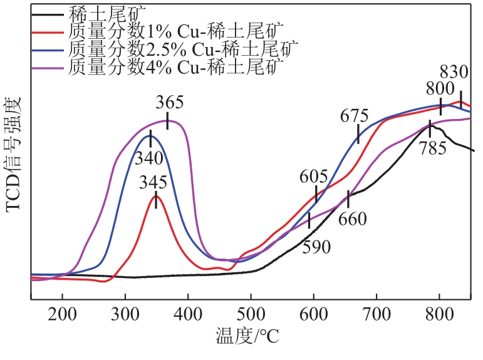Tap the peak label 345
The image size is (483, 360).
154,182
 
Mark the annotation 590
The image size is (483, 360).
317,247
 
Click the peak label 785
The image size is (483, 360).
434,148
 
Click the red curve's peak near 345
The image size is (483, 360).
155,196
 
